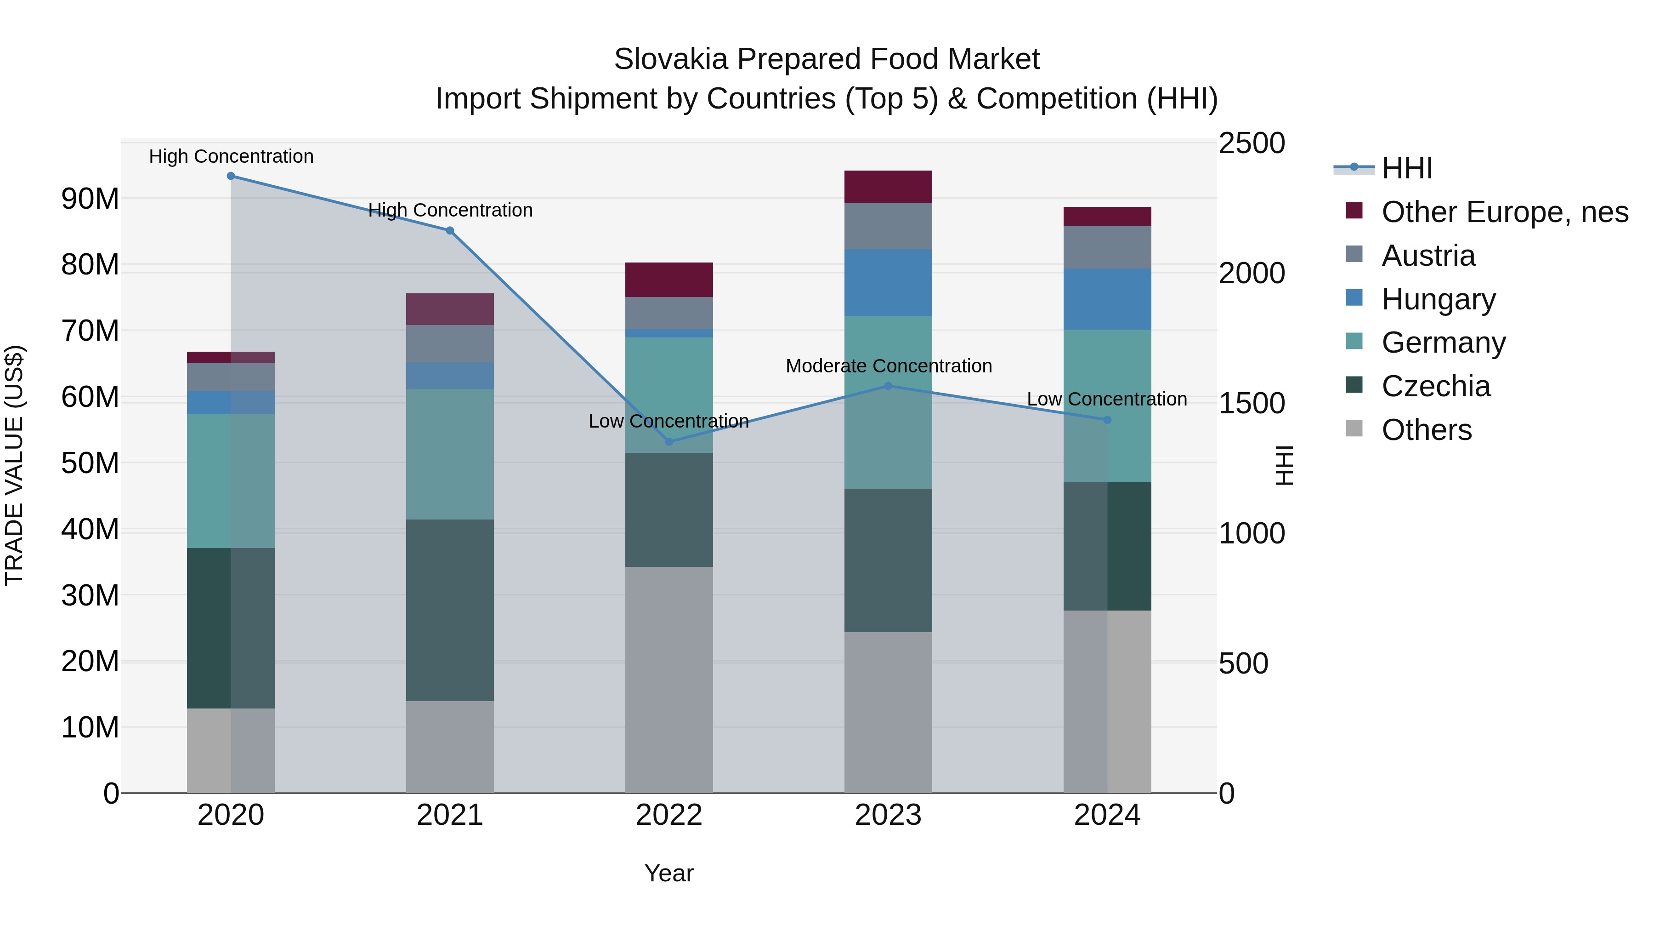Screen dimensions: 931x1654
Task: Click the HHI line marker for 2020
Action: click(x=231, y=176)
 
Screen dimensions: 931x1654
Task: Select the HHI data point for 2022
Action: click(x=669, y=442)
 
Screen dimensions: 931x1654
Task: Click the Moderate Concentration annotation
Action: click(x=889, y=366)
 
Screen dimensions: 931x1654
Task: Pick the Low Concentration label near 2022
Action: click(x=668, y=422)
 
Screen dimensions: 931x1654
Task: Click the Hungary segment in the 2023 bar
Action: click(x=888, y=283)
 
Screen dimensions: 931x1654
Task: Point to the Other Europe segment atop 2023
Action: click(x=888, y=187)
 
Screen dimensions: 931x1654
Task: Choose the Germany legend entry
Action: click(x=1444, y=343)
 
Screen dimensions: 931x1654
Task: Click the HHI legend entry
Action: click(x=1406, y=168)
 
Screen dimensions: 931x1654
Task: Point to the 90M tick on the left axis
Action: click(x=90, y=199)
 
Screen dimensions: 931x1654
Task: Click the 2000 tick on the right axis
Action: click(x=1252, y=274)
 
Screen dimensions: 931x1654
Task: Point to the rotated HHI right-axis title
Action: click(x=1284, y=465)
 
